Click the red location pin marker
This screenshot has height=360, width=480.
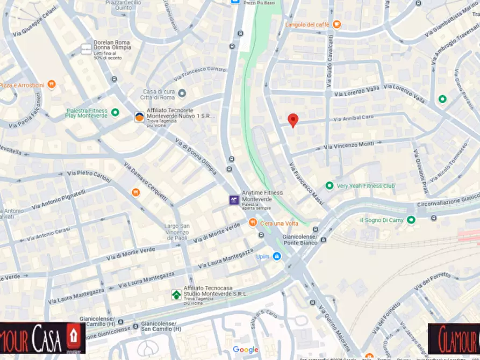click(x=292, y=120)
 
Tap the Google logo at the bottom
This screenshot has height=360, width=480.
click(x=246, y=350)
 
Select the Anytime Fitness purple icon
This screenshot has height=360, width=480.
click(x=234, y=200)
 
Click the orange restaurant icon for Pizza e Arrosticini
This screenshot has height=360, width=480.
click(x=52, y=84)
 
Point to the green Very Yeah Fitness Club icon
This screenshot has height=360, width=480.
click(x=329, y=186)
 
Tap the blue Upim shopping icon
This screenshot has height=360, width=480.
click(x=277, y=257)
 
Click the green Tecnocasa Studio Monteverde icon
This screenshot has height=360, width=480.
click(x=176, y=294)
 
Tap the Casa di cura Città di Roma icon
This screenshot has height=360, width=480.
click(x=182, y=93)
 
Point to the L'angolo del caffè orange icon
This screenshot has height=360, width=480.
click(x=336, y=24)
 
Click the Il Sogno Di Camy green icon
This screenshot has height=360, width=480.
click(x=411, y=220)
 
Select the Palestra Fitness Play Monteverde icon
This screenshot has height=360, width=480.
click(x=114, y=113)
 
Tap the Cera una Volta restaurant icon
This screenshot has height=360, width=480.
click(x=253, y=222)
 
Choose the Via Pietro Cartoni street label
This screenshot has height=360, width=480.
click(x=89, y=175)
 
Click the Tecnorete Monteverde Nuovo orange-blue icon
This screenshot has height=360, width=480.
click(x=139, y=117)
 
